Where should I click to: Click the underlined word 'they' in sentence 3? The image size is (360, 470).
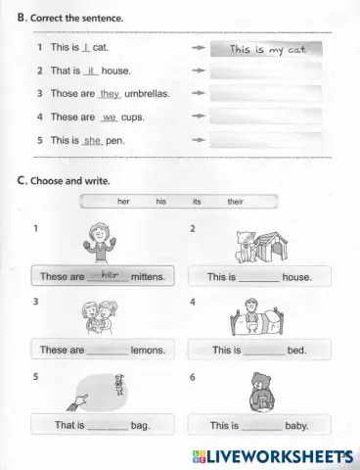(x=110, y=93)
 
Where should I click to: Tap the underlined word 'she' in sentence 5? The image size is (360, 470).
(x=93, y=140)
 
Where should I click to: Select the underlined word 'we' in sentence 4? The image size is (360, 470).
(x=109, y=117)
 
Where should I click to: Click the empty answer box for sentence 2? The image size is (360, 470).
(x=265, y=71)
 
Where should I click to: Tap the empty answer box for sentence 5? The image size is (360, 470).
(x=265, y=139)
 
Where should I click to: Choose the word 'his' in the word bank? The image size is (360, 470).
(x=160, y=202)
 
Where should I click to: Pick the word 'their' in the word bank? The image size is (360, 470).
(x=235, y=202)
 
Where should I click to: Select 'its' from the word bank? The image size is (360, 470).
(x=197, y=202)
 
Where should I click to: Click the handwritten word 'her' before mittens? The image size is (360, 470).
(x=109, y=275)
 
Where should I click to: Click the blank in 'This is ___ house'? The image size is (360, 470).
(x=259, y=277)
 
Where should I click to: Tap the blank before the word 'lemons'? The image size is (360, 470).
(x=108, y=350)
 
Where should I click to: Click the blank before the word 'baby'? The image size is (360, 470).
(x=260, y=425)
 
